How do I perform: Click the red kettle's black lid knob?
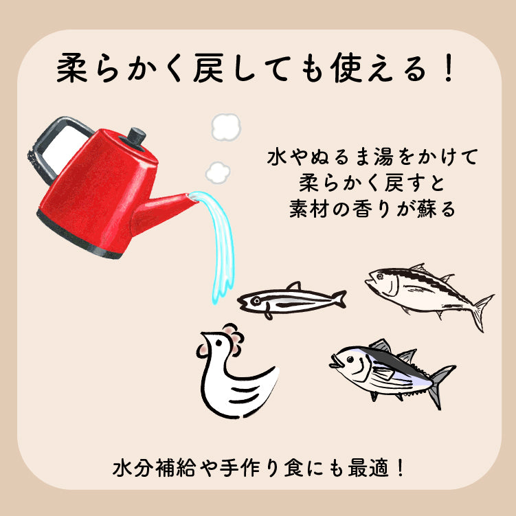point(136,136)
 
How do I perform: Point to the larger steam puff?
point(226,127)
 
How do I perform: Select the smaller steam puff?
point(218,172)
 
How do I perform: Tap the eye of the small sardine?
point(256,300)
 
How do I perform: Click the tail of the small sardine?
point(339,299)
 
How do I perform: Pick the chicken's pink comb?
point(234,339)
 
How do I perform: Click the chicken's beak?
point(204,336)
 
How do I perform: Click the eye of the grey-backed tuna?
point(350,359)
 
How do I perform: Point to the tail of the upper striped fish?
point(482,313)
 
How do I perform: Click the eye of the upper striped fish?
point(381,276)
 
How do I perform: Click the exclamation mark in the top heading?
point(448,69)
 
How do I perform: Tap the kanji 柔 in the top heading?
point(72,69)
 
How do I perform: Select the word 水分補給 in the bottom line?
point(154,468)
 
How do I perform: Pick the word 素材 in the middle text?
point(310,209)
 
